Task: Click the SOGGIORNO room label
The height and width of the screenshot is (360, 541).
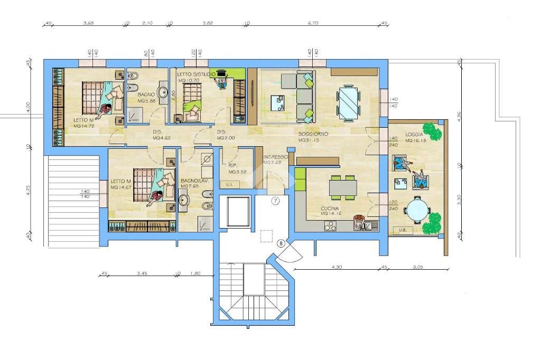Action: coord(313,134)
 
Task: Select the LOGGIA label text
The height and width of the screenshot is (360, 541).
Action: coord(414,135)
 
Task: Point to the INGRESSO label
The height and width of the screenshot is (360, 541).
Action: coord(275,157)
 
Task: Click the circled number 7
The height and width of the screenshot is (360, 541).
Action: coord(275,201)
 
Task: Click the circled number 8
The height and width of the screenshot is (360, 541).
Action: coord(281,243)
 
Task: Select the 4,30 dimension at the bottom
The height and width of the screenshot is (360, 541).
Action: coord(337,267)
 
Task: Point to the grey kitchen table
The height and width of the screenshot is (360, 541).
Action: coord(343,187)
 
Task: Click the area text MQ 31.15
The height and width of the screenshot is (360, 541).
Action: coord(309,140)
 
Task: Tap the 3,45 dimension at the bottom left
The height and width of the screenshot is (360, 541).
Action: coord(142,273)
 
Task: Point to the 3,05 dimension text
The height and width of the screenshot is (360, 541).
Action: coord(417,267)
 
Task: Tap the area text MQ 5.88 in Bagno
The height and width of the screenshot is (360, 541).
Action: coord(146,101)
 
